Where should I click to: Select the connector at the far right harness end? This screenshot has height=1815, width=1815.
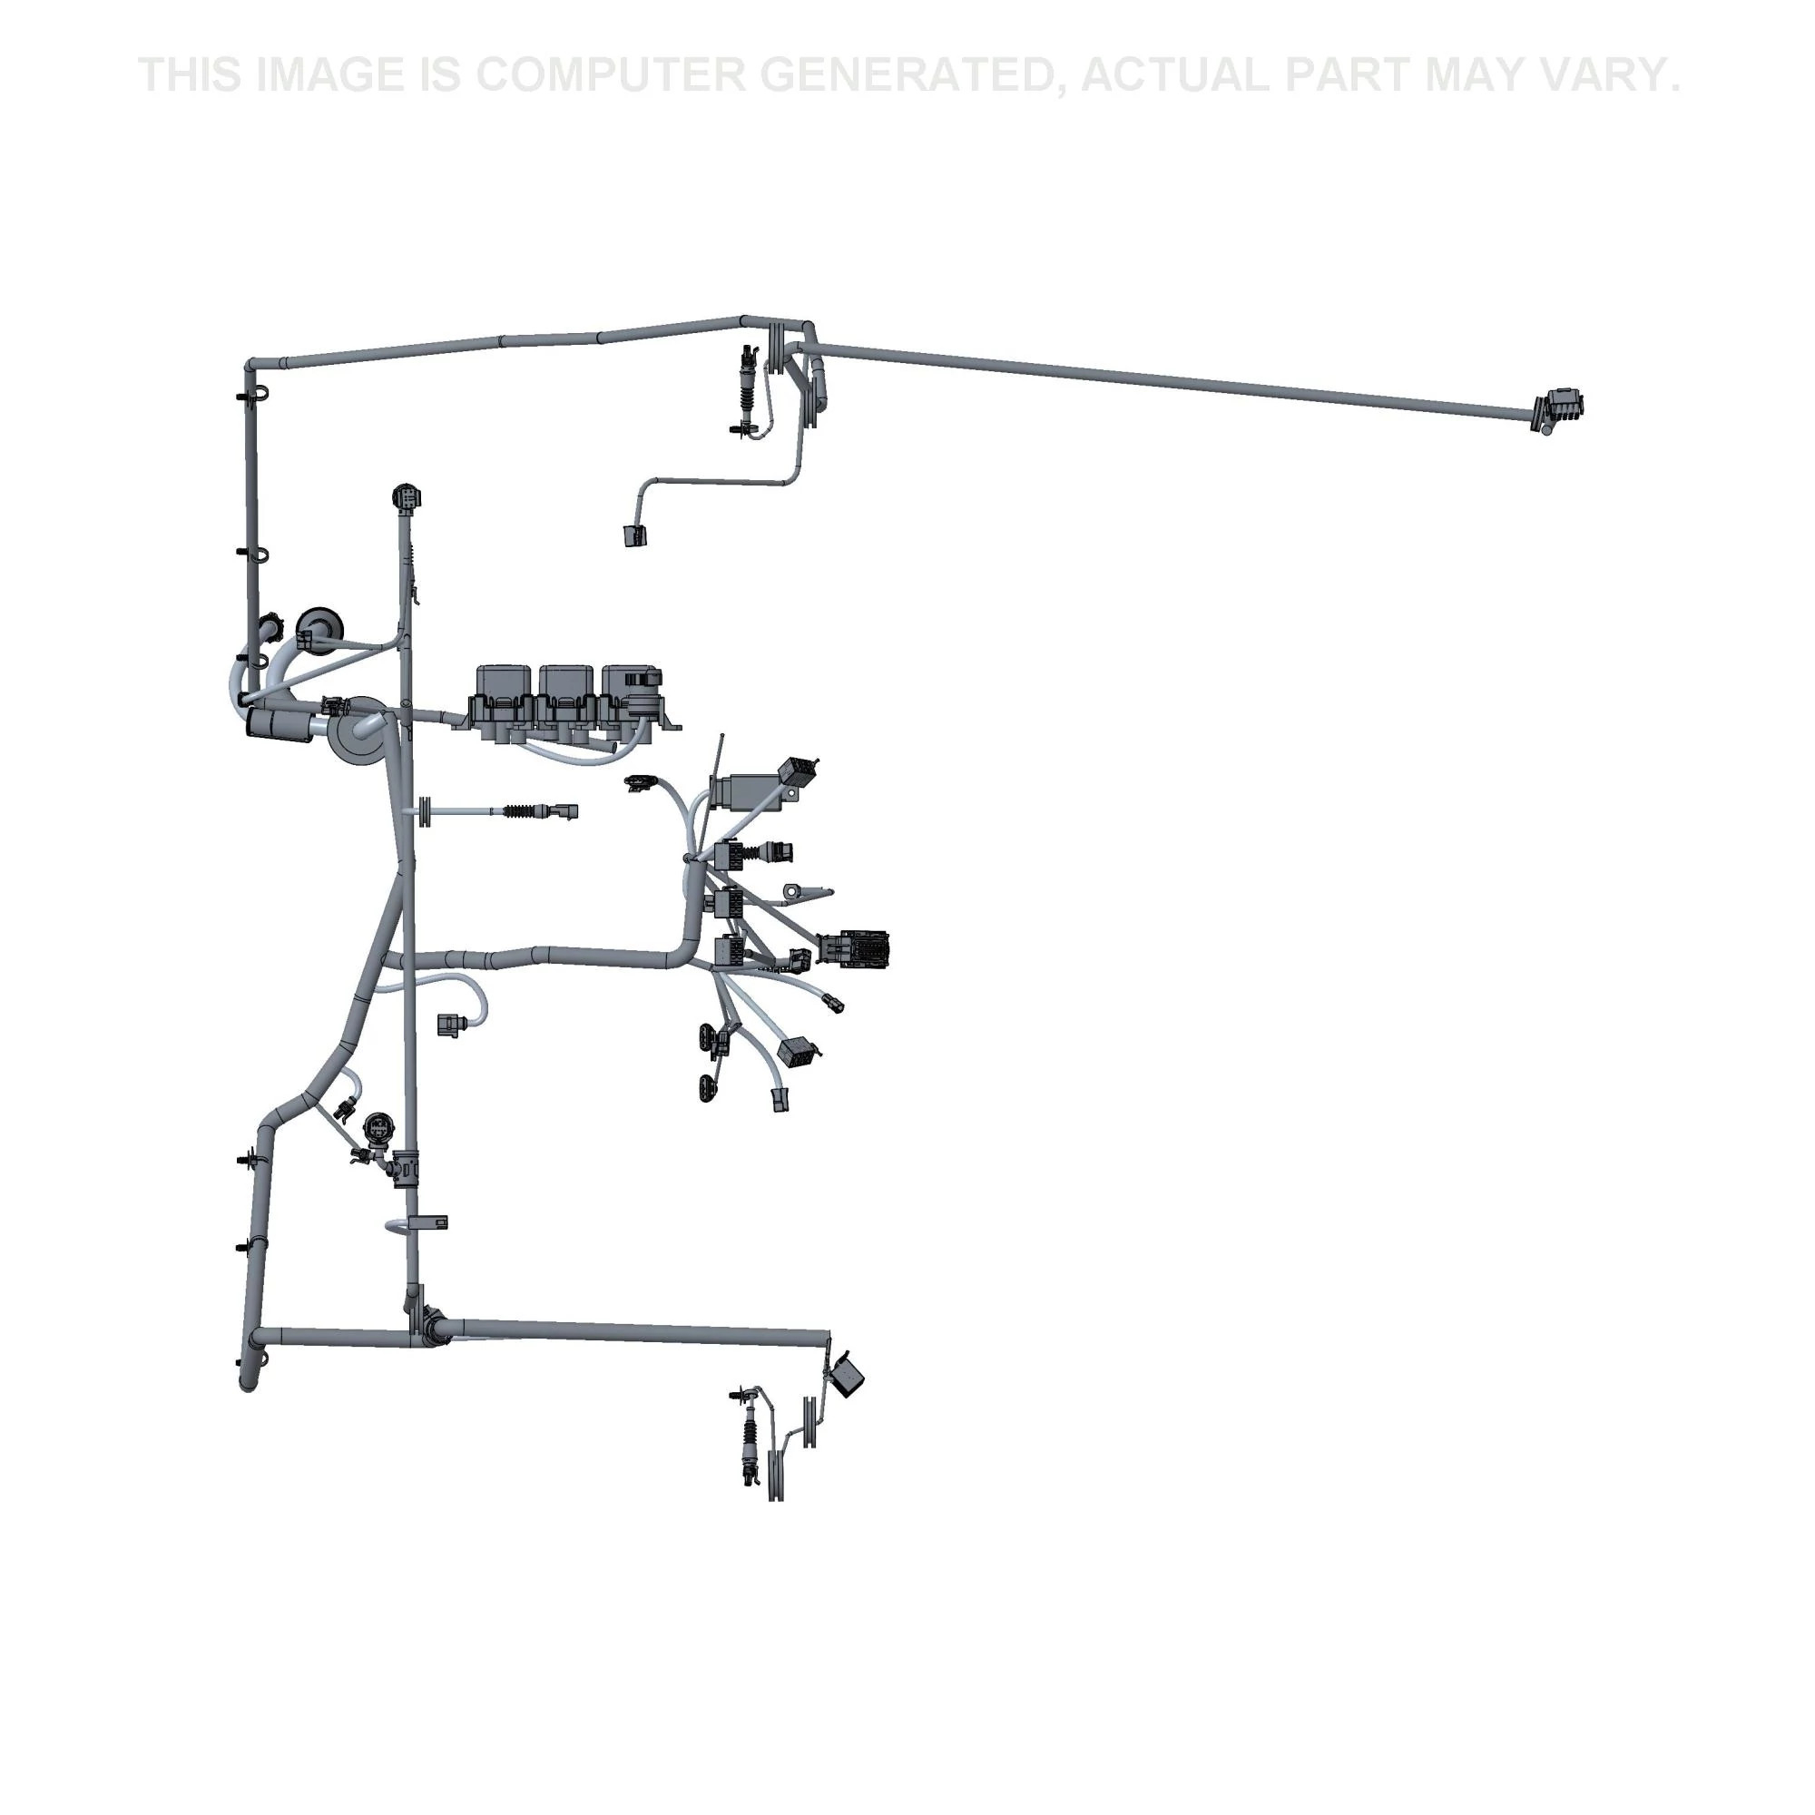tap(1558, 410)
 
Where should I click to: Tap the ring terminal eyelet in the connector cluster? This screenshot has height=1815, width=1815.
tap(798, 889)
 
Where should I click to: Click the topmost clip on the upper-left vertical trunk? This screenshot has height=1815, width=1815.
tap(254, 393)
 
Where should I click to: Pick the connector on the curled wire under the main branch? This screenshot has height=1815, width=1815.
tap(449, 1024)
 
